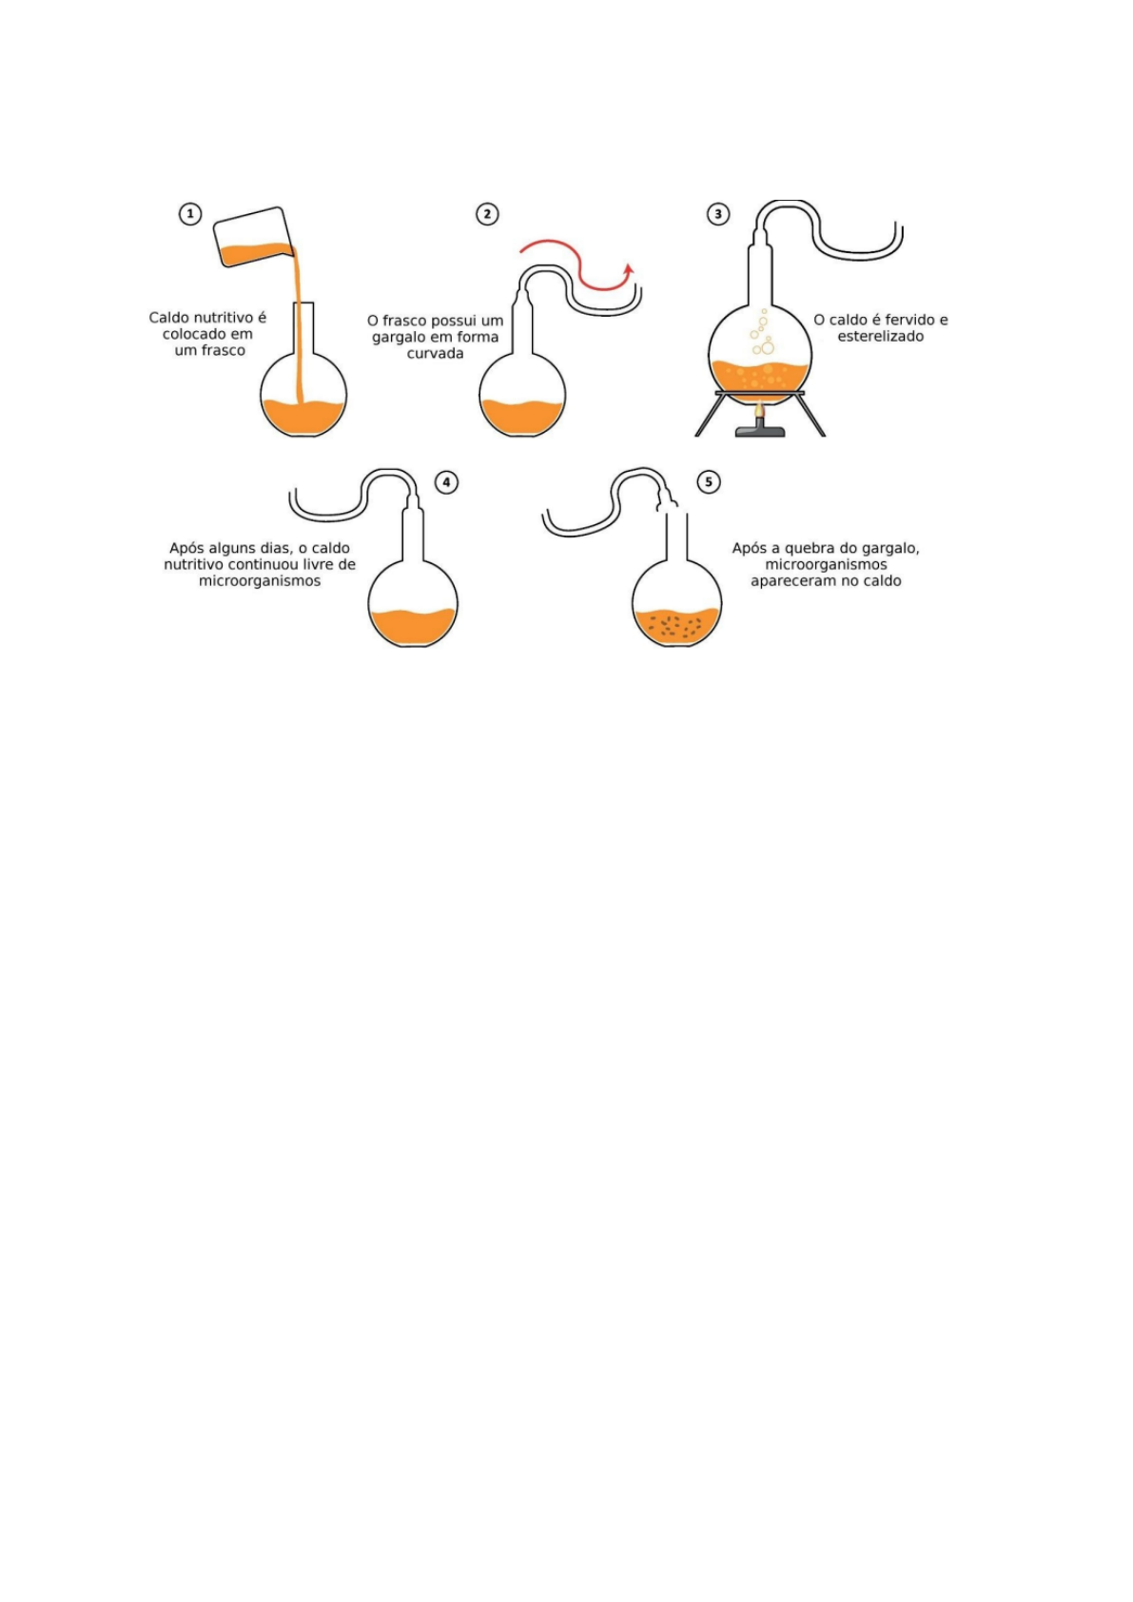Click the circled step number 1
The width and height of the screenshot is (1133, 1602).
pos(190,214)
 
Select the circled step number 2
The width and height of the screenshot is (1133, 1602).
pos(487,214)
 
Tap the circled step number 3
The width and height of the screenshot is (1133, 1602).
pos(718,214)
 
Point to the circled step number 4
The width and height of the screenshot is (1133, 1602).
pos(446,482)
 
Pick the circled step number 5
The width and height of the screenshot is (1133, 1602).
pos(709,482)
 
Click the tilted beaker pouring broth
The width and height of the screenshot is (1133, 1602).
pos(252,238)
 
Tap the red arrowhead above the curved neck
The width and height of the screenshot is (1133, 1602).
pos(628,271)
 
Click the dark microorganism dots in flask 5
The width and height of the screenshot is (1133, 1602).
pos(677,625)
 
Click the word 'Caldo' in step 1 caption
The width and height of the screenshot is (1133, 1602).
pos(169,318)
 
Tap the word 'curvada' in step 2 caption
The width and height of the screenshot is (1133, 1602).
pos(435,354)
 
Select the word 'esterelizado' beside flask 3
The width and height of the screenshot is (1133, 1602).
pos(880,337)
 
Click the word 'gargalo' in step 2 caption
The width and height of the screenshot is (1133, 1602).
pos(399,338)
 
